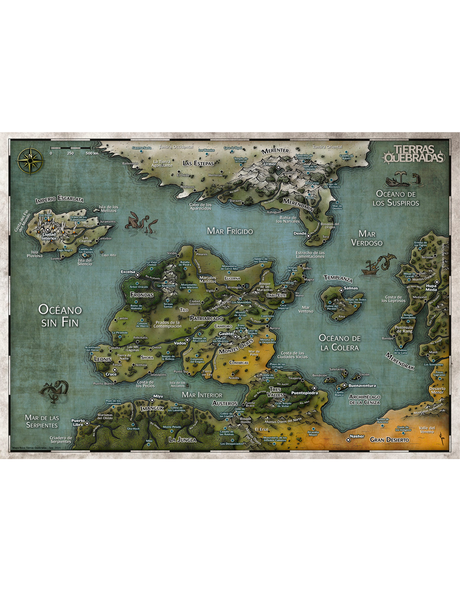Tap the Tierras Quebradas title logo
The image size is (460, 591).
(x=414, y=154)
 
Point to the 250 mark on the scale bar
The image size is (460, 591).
(x=70, y=153)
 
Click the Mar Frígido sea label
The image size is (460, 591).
(x=230, y=231)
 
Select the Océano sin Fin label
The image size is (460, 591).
(x=60, y=315)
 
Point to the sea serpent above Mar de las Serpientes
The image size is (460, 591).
(x=55, y=390)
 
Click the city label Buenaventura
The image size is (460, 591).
(x=362, y=386)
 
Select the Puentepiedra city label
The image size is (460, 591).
(x=304, y=393)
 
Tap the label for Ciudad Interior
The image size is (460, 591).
(x=49, y=236)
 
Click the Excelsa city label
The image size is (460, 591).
(x=128, y=272)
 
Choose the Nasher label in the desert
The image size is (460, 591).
(x=357, y=436)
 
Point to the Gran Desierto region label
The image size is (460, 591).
(x=389, y=440)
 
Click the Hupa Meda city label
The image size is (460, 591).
(x=431, y=288)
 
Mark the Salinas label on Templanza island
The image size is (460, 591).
(x=350, y=288)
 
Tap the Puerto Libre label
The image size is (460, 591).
(x=78, y=422)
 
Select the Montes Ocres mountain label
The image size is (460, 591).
(x=236, y=346)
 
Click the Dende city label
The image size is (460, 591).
(x=300, y=233)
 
